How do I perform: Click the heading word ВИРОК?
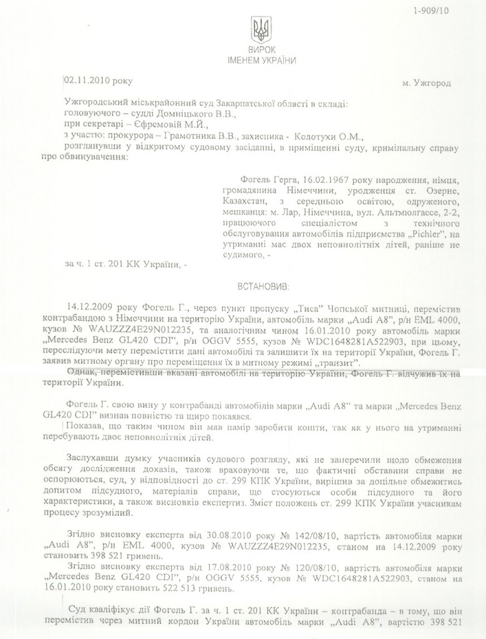[261, 50]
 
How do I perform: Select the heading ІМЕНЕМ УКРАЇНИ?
[261, 61]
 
